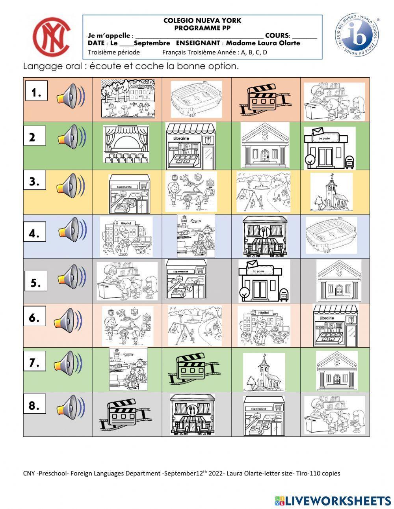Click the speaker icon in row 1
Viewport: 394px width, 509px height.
71,97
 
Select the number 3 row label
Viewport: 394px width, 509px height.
35,182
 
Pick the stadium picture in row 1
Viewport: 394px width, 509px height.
196,99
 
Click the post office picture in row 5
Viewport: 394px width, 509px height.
264,280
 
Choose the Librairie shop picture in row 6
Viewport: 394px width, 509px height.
335,325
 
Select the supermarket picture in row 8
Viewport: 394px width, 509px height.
264,416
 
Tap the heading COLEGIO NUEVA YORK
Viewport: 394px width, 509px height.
202,21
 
